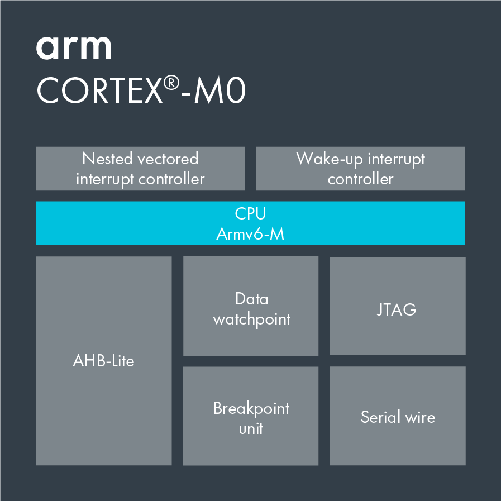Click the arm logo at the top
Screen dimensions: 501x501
tap(73, 49)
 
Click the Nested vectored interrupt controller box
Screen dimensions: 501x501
tap(140, 169)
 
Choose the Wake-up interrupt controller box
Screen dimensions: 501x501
tap(360, 169)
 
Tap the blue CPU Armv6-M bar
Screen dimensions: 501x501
tap(250, 223)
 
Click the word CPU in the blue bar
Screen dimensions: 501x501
tap(250, 213)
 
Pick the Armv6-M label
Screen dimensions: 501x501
tap(250, 233)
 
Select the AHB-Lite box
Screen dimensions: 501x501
tap(103, 361)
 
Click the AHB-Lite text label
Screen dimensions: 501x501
tap(103, 361)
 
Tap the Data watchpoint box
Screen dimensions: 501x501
tap(251, 306)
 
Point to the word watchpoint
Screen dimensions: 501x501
tap(252, 319)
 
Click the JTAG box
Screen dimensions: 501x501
tap(397, 306)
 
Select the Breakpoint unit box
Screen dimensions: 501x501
tap(251, 416)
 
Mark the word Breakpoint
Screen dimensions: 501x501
tap(251, 408)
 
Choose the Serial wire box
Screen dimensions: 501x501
tap(397, 416)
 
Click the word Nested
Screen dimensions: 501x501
tap(108, 159)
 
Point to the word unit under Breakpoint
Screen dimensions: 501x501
tap(251, 429)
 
